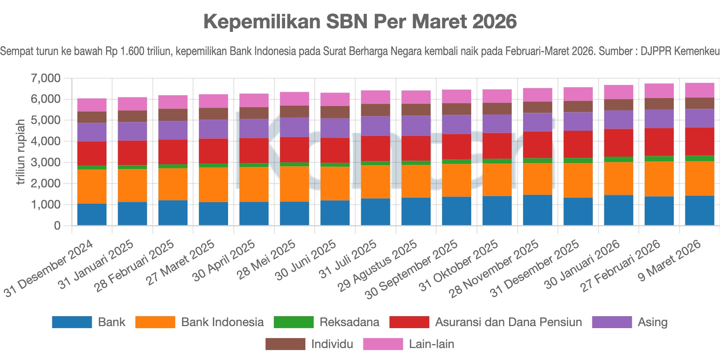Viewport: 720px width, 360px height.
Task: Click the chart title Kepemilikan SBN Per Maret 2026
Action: (x=360, y=22)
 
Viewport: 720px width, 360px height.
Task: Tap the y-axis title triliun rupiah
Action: (x=21, y=152)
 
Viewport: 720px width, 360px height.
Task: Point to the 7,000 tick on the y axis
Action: (x=46, y=78)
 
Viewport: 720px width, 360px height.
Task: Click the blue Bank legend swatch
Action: (x=72, y=322)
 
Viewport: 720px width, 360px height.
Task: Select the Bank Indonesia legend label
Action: (x=222, y=322)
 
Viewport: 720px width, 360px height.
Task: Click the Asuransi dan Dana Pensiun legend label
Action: (x=508, y=322)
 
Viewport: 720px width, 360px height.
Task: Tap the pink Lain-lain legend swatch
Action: (x=383, y=344)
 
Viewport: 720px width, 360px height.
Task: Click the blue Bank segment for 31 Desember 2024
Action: (x=92, y=214)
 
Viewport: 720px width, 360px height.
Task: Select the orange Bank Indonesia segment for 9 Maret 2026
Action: (x=699, y=178)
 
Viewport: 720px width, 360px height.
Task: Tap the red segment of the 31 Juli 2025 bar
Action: (x=375, y=148)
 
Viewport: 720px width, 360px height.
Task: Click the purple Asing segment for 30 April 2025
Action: (x=254, y=128)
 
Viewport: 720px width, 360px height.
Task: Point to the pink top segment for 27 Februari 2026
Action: (x=659, y=91)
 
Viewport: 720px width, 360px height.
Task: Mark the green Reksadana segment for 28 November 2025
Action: (x=537, y=161)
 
